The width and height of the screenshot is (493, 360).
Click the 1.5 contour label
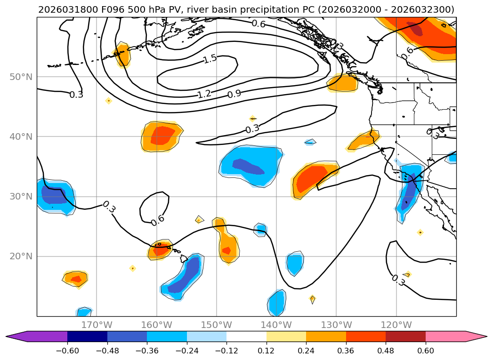[210, 59]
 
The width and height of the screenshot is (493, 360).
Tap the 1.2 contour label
[204, 94]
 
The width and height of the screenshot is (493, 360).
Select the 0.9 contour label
[234, 94]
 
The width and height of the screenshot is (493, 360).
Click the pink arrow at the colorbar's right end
[476, 336]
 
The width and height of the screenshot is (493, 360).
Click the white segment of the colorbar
[246, 336]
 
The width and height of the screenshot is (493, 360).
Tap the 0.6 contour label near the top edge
[258, 24]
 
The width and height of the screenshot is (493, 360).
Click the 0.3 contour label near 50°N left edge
[76, 95]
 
